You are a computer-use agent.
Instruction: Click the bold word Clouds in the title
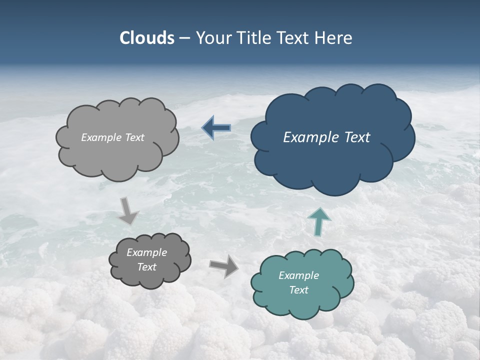click(x=147, y=38)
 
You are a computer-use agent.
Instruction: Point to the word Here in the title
click(x=333, y=38)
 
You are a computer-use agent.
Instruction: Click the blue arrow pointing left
click(x=216, y=128)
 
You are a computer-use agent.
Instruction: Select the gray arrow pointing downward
click(x=128, y=210)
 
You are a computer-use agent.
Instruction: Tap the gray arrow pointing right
click(x=223, y=266)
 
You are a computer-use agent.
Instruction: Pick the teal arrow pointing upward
click(x=318, y=221)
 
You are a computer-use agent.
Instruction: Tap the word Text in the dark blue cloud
click(x=357, y=137)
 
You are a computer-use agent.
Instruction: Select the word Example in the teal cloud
click(x=298, y=275)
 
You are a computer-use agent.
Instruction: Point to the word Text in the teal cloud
click(x=298, y=290)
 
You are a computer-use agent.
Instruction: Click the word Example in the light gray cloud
click(x=101, y=137)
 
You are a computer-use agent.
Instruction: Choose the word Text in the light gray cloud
click(x=134, y=137)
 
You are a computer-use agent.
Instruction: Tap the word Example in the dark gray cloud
click(x=146, y=252)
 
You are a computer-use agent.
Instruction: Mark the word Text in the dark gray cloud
click(x=146, y=267)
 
